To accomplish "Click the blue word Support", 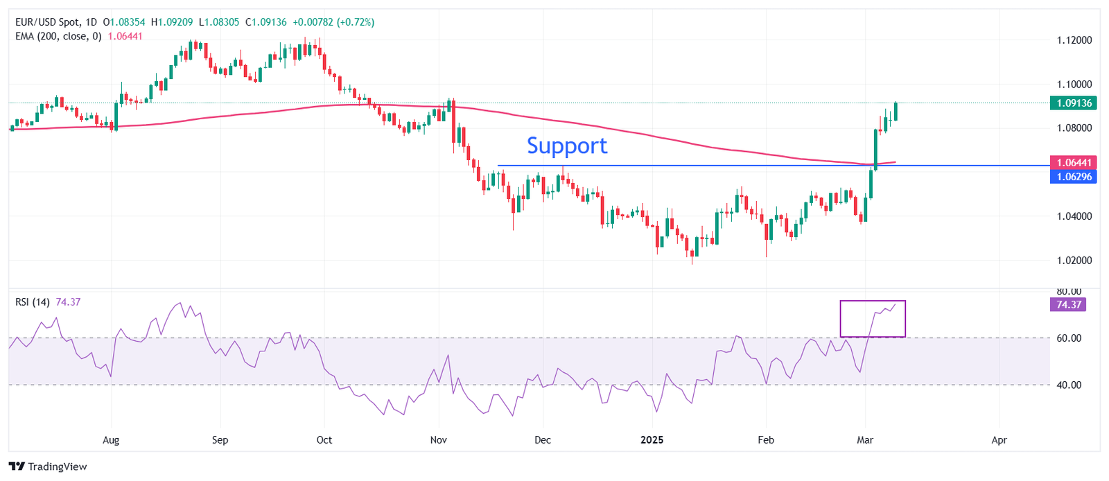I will pyautogui.click(x=567, y=146).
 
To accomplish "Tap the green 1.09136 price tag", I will pyautogui.click(x=1074, y=103).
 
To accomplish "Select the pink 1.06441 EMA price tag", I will pyautogui.click(x=1074, y=163).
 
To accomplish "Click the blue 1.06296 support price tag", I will pyautogui.click(x=1074, y=177).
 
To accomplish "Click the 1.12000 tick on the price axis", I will pyautogui.click(x=1074, y=40).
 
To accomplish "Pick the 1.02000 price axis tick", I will pyautogui.click(x=1074, y=261).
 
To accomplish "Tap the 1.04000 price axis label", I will pyautogui.click(x=1074, y=216).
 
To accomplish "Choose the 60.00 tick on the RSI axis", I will pyautogui.click(x=1068, y=338).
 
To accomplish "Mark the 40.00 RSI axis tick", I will pyautogui.click(x=1068, y=385).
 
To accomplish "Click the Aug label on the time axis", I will pyautogui.click(x=111, y=440).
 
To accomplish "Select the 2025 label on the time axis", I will pyautogui.click(x=652, y=440).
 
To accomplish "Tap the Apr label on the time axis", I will pyautogui.click(x=999, y=440).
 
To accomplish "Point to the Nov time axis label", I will pyautogui.click(x=438, y=440).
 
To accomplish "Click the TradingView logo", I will pyautogui.click(x=48, y=466).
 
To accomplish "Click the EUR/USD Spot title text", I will pyautogui.click(x=48, y=22).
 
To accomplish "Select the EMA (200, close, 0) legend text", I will pyautogui.click(x=58, y=36).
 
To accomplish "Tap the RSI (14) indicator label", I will pyautogui.click(x=33, y=302).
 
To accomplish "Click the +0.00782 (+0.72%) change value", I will pyautogui.click(x=333, y=22).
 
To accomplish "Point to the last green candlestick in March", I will pyautogui.click(x=896, y=112).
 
